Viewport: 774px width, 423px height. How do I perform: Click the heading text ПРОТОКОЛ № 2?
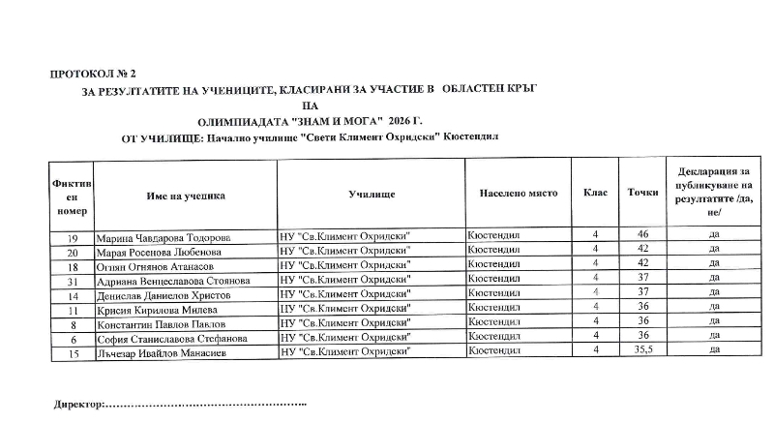(92, 74)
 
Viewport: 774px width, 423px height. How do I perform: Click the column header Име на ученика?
(186, 195)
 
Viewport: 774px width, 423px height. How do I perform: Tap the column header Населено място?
(519, 194)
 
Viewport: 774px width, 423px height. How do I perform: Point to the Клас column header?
(596, 193)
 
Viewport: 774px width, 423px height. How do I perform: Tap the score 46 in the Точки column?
(642, 235)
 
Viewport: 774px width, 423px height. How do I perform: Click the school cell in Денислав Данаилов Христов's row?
(345, 294)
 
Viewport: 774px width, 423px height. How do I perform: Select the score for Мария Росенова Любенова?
(642, 250)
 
